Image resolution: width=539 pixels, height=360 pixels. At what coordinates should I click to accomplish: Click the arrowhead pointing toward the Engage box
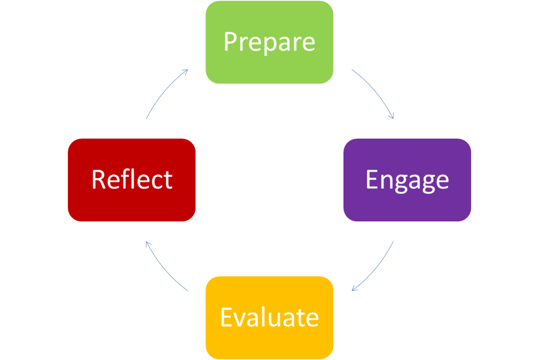(x=391, y=116)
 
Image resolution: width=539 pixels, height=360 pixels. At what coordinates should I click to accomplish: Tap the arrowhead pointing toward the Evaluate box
(x=355, y=288)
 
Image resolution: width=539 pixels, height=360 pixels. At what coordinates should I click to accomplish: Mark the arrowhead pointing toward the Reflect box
(x=148, y=244)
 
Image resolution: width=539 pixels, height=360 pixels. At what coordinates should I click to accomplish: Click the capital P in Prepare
(x=229, y=42)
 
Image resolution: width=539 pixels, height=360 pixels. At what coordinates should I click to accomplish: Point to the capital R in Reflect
(x=99, y=179)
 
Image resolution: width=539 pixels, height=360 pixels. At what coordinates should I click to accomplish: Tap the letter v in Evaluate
(x=242, y=318)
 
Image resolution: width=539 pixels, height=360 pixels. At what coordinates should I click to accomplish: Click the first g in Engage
(x=403, y=182)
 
